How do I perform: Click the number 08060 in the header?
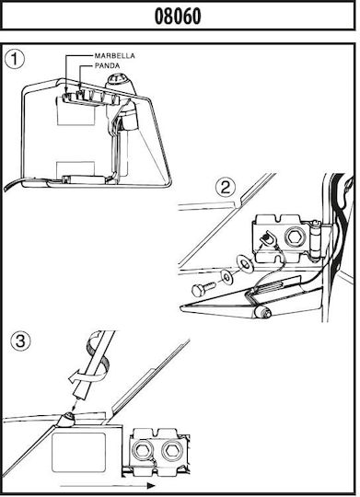tap(178, 17)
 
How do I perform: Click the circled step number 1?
tap(15, 60)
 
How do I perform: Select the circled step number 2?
tap(226, 188)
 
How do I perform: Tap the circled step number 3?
tap(20, 341)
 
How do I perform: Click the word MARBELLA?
tap(115, 56)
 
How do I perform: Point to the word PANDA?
tap(107, 66)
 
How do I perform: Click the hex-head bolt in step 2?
tap(203, 288)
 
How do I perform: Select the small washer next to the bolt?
tap(227, 277)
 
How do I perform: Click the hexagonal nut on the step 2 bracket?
tap(296, 237)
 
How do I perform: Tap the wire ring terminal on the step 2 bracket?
tap(268, 238)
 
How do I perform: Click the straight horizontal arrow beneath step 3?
tap(108, 486)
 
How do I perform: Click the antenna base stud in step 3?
tap(68, 418)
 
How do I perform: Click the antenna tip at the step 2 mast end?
tap(263, 313)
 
